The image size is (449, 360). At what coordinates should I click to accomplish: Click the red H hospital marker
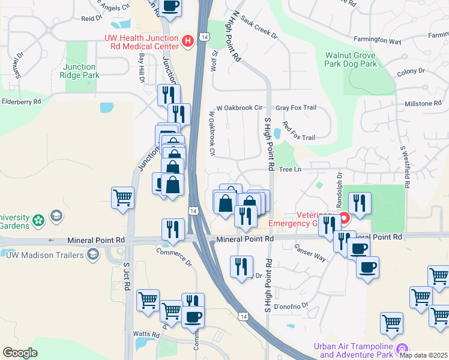(x=188, y=41)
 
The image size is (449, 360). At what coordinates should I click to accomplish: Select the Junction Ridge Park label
(x=79, y=71)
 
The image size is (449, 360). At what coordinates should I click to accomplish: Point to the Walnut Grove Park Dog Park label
(x=351, y=59)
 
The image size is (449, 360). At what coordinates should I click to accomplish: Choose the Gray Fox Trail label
(x=295, y=108)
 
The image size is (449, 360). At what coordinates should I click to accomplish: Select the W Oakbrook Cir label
(x=240, y=108)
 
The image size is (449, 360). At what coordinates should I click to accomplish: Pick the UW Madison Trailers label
(x=45, y=255)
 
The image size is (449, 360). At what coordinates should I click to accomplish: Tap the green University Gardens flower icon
(x=38, y=220)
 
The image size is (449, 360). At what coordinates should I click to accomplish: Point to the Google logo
(x=20, y=353)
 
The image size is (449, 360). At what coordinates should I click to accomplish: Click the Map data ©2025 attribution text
(x=424, y=355)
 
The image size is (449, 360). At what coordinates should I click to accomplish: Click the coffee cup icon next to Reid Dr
(x=170, y=7)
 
